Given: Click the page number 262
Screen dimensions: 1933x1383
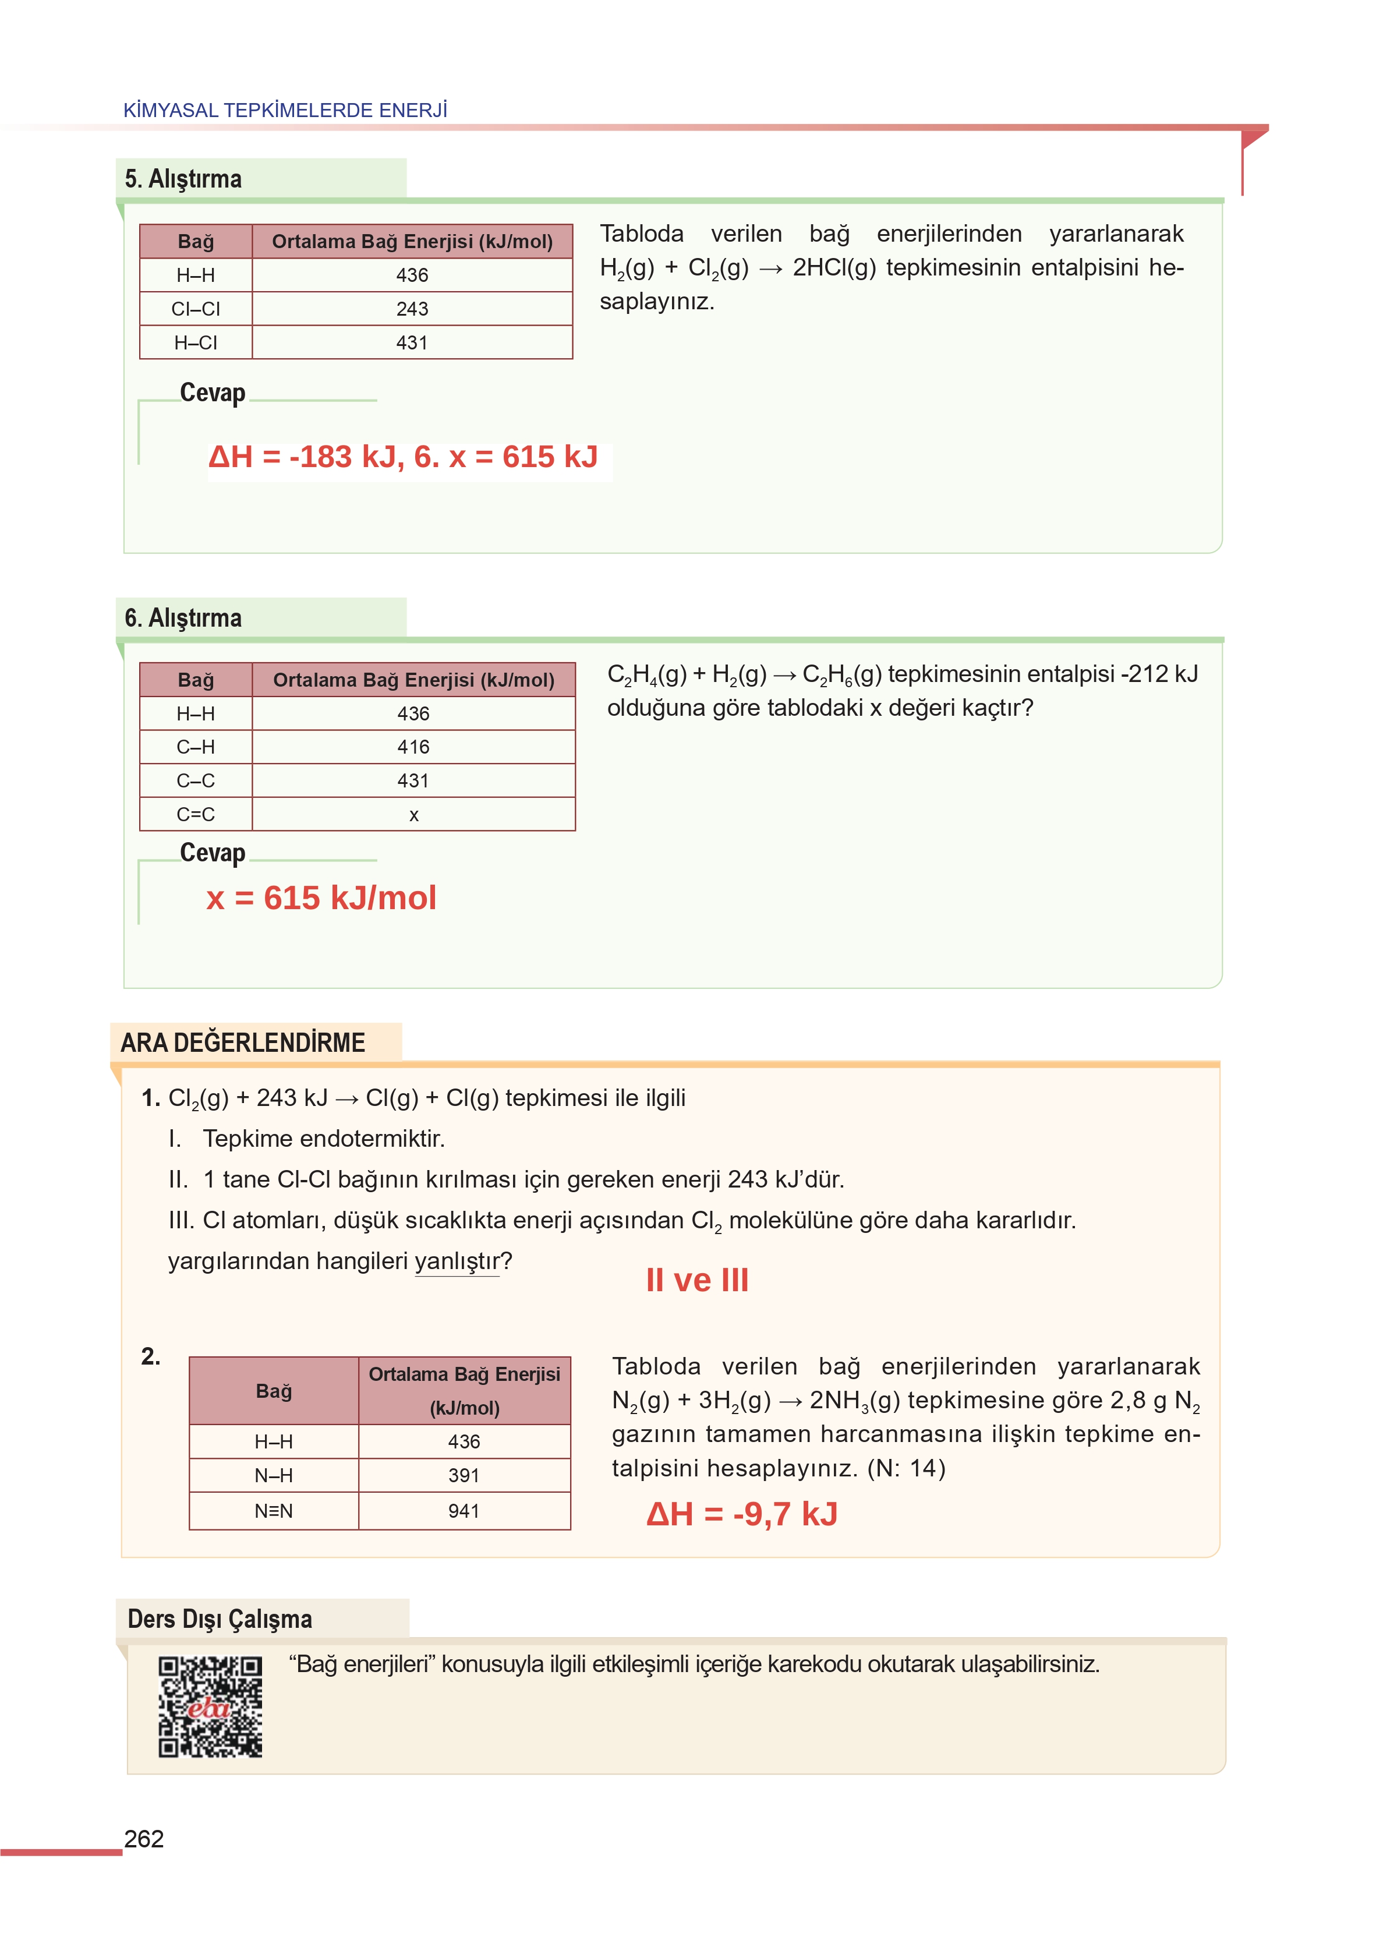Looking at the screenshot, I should pyautogui.click(x=144, y=1839).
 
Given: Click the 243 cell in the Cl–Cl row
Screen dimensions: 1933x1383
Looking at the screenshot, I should pyautogui.click(x=412, y=309).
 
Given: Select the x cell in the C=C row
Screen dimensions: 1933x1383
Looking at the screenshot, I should pyautogui.click(x=414, y=815).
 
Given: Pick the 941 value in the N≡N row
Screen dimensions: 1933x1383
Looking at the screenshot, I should pyautogui.click(x=464, y=1511).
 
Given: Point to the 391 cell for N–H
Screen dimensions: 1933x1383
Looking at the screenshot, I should pyautogui.click(x=464, y=1476).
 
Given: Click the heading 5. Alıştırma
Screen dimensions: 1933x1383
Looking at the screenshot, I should pyautogui.click(x=183, y=179).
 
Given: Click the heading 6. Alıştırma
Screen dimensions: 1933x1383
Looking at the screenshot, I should pyautogui.click(x=183, y=617).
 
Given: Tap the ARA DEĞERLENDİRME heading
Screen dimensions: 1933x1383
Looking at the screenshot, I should pyautogui.click(x=243, y=1043).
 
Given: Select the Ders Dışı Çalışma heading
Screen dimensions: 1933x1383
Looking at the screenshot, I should pyautogui.click(x=220, y=1619).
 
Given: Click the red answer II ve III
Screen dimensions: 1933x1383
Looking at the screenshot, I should pyautogui.click(x=696, y=1280).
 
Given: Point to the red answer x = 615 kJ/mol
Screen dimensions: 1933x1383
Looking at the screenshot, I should pyautogui.click(x=321, y=897).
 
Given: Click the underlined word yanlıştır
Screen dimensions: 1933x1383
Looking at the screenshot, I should pyautogui.click(x=457, y=1261).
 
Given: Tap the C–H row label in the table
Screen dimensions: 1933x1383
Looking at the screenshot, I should pyautogui.click(x=196, y=747).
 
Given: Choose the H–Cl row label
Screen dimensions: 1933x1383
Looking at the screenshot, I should pyautogui.click(x=196, y=342).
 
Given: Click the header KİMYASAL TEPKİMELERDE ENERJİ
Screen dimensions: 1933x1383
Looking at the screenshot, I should pyautogui.click(x=285, y=111).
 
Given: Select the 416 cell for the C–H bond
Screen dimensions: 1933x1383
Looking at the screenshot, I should pyautogui.click(x=414, y=747).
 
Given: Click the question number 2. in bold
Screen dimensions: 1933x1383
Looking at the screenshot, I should pyautogui.click(x=151, y=1356).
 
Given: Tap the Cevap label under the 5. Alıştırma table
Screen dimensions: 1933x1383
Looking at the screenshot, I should pyautogui.click(x=213, y=393).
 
